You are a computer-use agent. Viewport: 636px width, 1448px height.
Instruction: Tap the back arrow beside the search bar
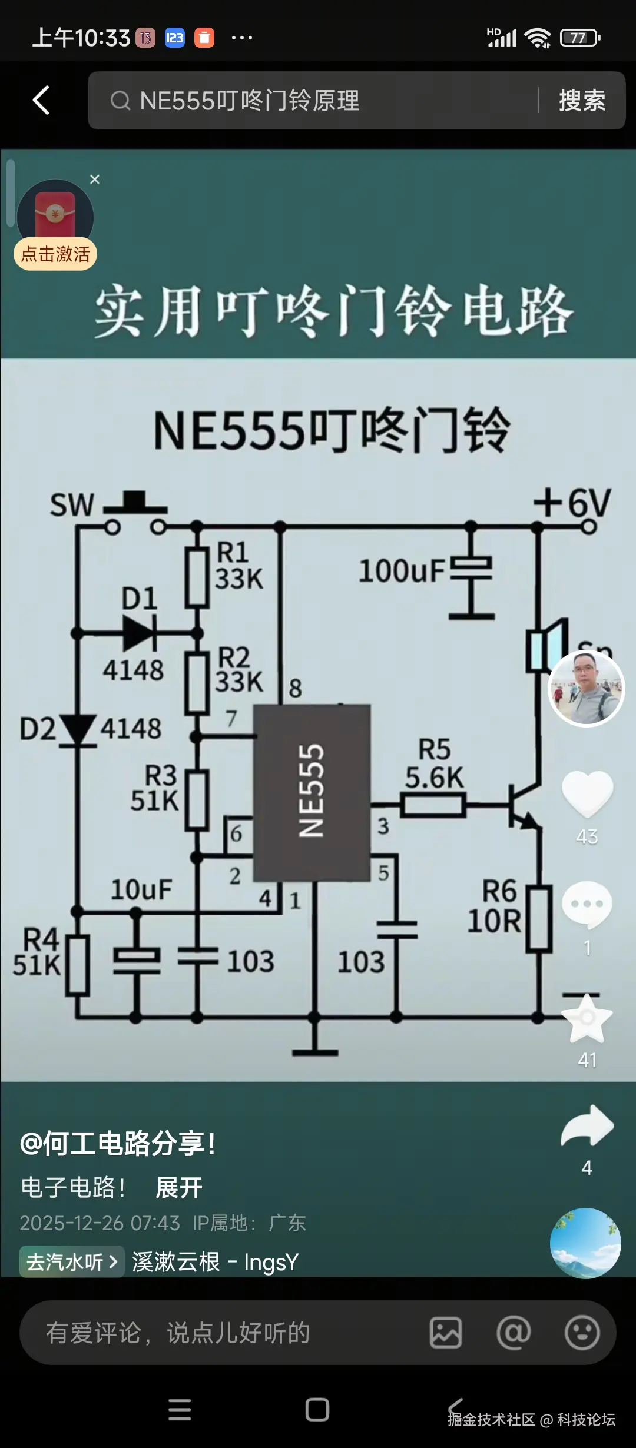[41, 100]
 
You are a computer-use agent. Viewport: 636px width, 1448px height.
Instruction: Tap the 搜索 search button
[582, 100]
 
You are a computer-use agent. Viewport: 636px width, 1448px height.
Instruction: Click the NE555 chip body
[312, 792]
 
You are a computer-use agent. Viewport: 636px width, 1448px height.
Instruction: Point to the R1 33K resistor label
[238, 566]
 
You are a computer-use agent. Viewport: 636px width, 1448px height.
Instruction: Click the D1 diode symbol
[139, 633]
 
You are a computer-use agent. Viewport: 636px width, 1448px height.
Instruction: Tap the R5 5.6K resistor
[433, 805]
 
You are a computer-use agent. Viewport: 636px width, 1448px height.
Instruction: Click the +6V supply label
[572, 504]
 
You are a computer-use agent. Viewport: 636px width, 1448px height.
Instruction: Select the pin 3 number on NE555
[383, 826]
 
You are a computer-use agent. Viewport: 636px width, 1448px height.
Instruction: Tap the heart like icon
[587, 793]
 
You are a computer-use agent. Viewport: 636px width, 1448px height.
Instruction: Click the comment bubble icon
[587, 904]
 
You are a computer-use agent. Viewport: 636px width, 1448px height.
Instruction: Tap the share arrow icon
[587, 1125]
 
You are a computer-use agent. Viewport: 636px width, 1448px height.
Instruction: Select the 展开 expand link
[179, 1188]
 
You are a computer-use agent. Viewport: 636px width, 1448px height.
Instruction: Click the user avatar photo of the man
[586, 689]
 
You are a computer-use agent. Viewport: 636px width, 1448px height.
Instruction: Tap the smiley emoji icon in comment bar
[582, 1333]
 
